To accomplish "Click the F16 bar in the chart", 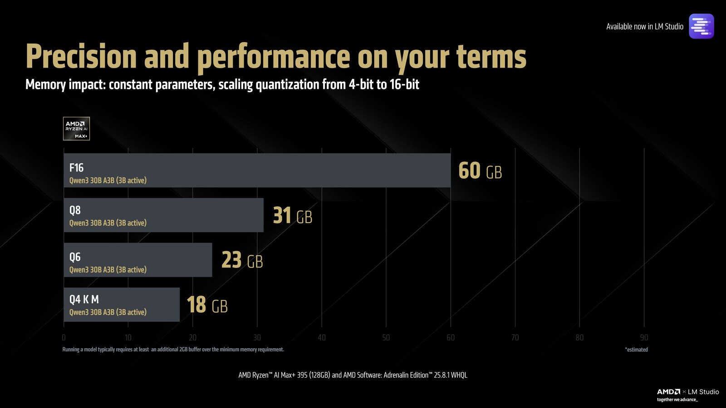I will [257, 170].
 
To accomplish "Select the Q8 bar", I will [163, 215].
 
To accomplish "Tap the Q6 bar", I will [137, 260].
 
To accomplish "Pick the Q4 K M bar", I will [122, 305].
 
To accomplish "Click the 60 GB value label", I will [480, 171].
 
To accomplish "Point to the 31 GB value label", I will [293, 216].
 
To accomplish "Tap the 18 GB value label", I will [207, 305].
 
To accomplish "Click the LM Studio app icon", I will [701, 26].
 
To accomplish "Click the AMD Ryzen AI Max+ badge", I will [76, 129].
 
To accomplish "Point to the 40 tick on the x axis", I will [322, 338].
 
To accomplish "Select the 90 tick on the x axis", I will [644, 338].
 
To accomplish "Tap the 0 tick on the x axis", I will [64, 338].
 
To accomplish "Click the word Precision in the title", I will [81, 57].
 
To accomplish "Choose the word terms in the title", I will [491, 57].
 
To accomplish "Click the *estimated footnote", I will [636, 350].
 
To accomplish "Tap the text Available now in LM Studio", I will [644, 27].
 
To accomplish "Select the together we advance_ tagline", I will [677, 400].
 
